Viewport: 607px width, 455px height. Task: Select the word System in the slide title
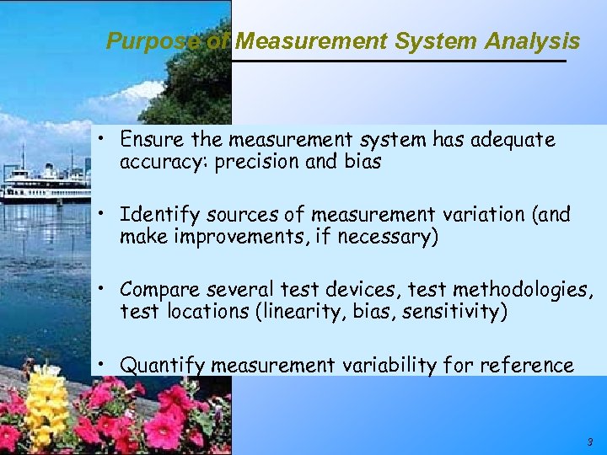point(441,40)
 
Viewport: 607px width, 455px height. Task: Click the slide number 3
point(589,442)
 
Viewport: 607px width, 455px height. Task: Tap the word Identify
point(156,215)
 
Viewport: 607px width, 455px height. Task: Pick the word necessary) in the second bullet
point(388,238)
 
